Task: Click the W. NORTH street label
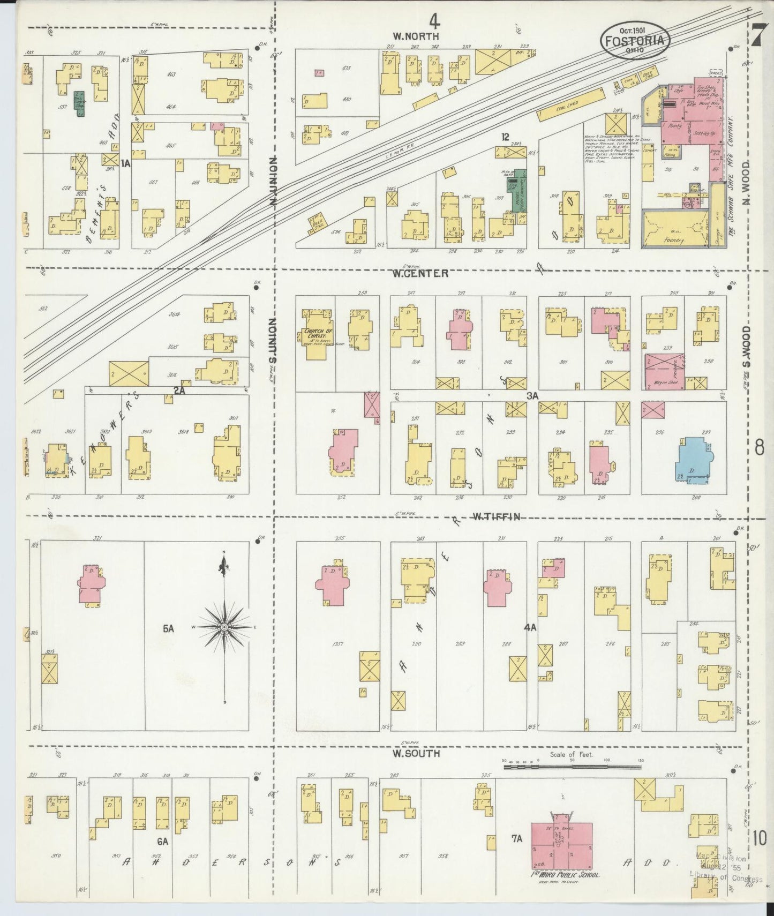(x=416, y=36)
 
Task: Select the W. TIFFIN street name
(x=496, y=517)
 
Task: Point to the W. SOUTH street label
(x=416, y=754)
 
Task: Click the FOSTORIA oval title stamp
(x=635, y=41)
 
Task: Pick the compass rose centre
(x=224, y=626)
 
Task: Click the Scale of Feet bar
(x=573, y=767)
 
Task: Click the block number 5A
(x=169, y=628)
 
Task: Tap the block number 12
(x=505, y=138)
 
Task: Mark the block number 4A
(x=530, y=628)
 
